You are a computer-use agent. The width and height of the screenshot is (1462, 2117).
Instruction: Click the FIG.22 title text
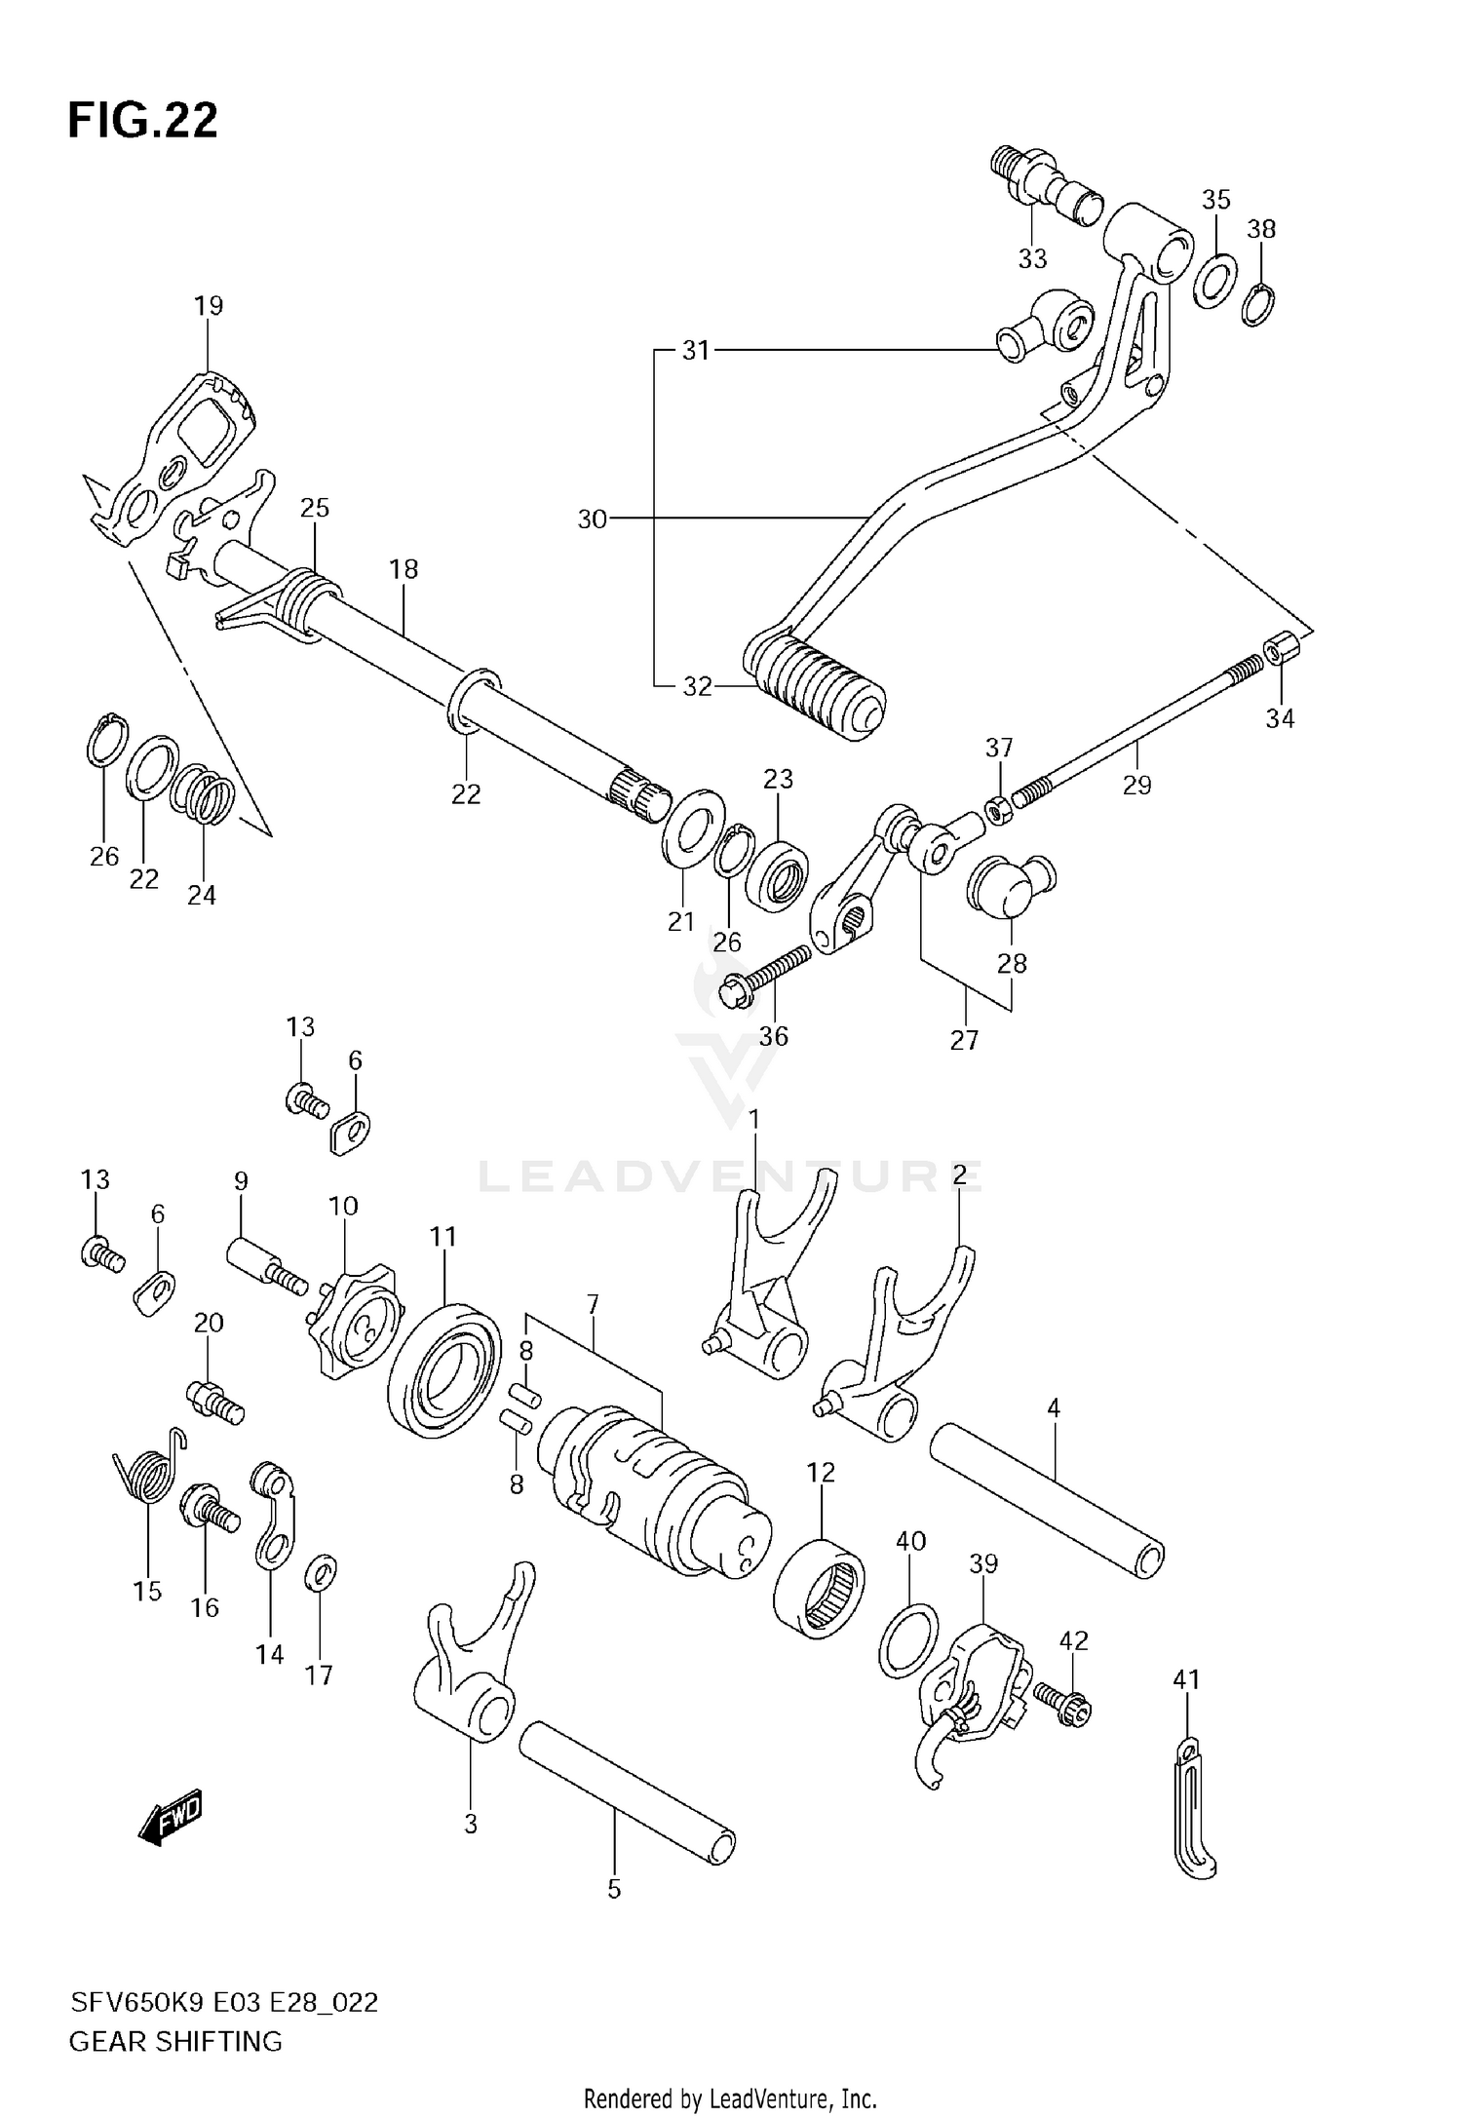(142, 121)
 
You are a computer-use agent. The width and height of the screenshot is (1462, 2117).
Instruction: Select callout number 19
(209, 306)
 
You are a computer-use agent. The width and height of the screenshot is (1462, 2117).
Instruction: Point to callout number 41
(1186, 1679)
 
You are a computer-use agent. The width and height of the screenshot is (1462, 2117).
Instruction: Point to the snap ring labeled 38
(1260, 306)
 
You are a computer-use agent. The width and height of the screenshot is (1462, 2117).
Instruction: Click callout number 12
(821, 1473)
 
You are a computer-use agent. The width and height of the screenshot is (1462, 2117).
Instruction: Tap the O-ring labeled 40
(909, 1640)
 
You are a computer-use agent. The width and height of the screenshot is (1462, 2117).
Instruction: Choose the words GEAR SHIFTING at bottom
(175, 2041)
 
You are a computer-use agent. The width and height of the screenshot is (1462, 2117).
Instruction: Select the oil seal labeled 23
(777, 866)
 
